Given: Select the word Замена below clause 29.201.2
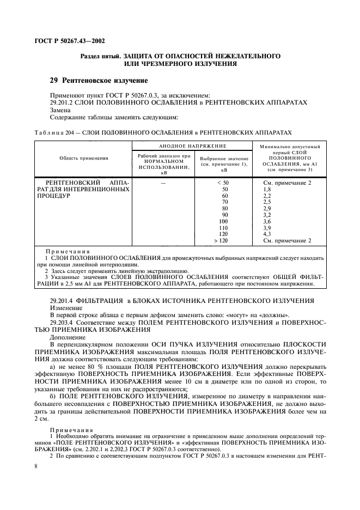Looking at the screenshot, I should [x=60, y=110].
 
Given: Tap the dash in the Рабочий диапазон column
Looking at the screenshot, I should [x=163, y=183].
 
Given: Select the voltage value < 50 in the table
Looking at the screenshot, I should [x=223, y=183].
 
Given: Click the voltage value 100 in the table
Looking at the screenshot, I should [x=223, y=221].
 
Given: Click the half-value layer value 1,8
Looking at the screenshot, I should [x=267, y=189].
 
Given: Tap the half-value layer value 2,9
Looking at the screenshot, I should [x=267, y=208].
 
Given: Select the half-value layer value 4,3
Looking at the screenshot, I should [x=267, y=234].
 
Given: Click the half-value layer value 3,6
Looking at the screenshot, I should [x=267, y=221].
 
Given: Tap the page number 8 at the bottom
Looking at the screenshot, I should [x=35, y=466].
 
